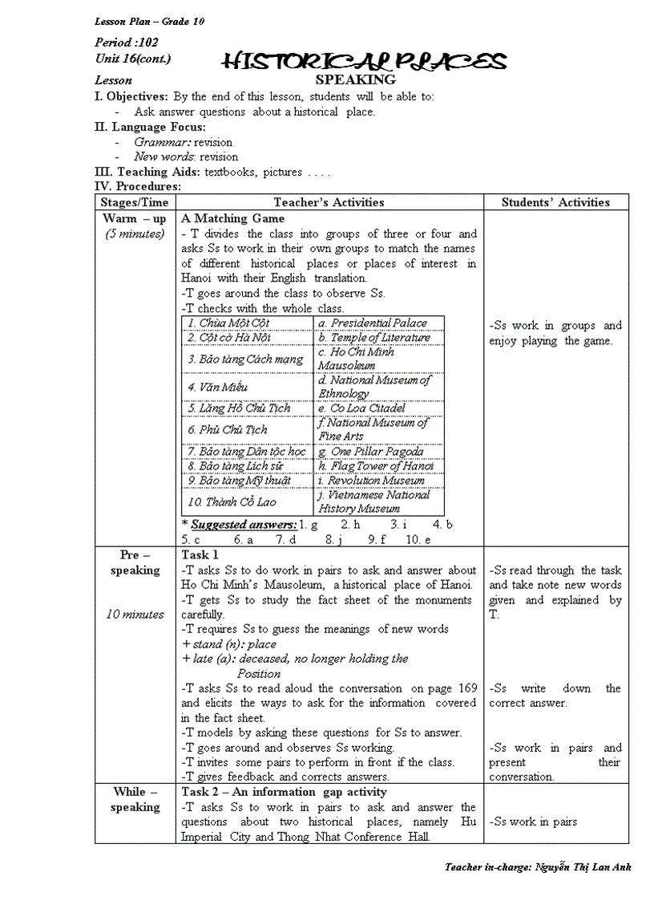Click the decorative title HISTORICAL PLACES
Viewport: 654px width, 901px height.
(x=364, y=61)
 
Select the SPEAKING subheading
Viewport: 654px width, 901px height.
(x=355, y=79)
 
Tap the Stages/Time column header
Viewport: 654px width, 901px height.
(x=135, y=202)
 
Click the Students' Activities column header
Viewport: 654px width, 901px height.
(x=555, y=202)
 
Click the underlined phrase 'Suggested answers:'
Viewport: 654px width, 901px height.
(x=244, y=525)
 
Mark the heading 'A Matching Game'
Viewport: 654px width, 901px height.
(x=232, y=218)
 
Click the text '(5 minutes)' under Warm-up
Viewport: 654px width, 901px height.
(x=135, y=234)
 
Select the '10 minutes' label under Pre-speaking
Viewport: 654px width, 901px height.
(x=135, y=615)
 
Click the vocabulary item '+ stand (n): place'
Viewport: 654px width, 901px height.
(x=229, y=643)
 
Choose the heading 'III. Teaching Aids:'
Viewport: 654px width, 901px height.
(x=147, y=172)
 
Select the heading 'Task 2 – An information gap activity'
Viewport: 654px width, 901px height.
(x=284, y=793)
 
